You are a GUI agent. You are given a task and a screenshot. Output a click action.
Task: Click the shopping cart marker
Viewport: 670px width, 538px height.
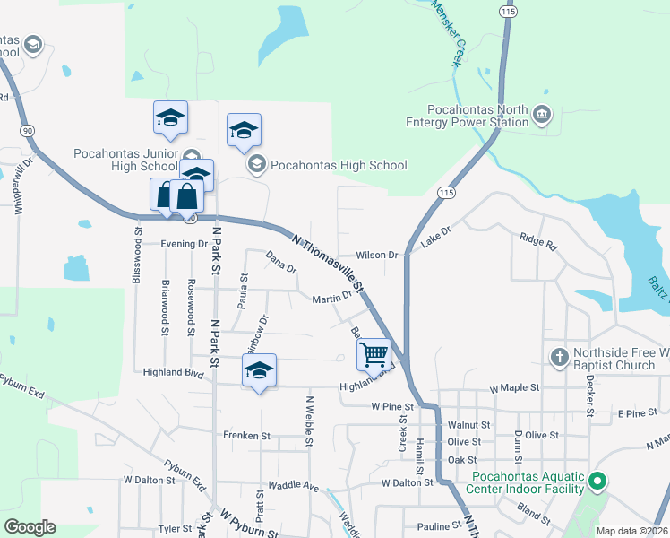pos(373,354)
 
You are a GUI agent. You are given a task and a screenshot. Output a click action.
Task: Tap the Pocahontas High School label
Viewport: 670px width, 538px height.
pos(339,165)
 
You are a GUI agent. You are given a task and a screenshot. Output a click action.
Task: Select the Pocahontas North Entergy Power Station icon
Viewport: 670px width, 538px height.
pos(542,115)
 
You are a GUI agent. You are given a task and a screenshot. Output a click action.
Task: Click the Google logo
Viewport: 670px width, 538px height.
pos(30,527)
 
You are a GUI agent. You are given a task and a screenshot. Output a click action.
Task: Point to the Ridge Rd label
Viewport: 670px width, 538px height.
pos(537,241)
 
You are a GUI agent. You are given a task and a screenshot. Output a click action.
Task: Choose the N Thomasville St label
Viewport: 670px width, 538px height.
pos(329,264)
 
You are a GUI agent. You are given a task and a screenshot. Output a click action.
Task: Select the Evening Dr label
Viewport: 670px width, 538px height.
pos(185,244)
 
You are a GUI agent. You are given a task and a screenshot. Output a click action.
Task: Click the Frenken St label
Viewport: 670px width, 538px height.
pos(247,436)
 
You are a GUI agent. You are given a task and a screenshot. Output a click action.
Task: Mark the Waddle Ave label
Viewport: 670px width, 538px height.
pos(294,486)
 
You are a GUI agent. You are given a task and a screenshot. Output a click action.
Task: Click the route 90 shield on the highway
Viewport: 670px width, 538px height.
pos(29,131)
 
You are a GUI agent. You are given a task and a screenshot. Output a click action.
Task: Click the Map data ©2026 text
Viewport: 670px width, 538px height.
pos(631,531)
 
